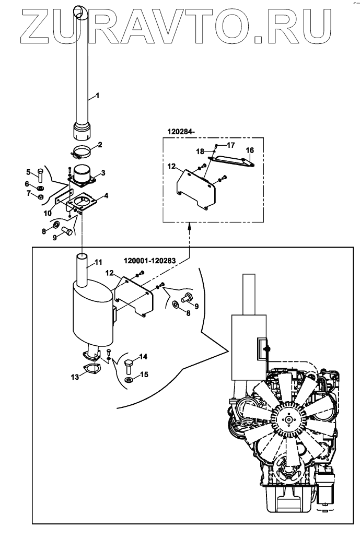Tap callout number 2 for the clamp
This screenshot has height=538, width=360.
100,144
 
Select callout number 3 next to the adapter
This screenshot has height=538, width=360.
103,172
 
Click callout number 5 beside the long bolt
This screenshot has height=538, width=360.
29,172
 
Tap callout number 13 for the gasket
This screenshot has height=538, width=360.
75,376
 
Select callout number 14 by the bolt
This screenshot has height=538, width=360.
143,357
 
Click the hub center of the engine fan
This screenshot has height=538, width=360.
289,419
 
